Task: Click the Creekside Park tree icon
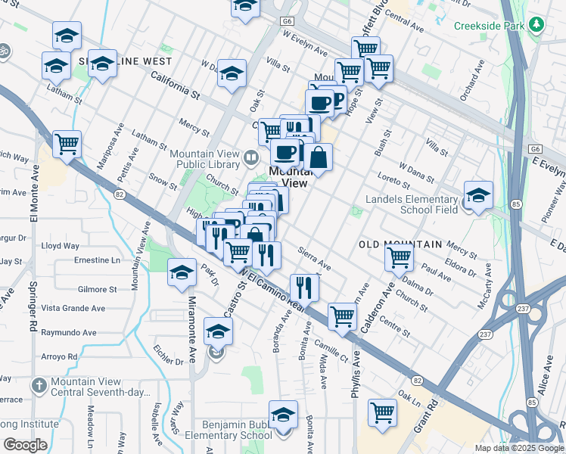[x=538, y=25]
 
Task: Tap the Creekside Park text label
[x=490, y=26]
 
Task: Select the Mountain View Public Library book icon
[x=251, y=158]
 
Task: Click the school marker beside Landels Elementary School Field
[x=478, y=196]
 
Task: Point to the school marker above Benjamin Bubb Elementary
[x=283, y=415]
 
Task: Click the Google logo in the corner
[x=24, y=445]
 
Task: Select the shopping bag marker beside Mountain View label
[x=319, y=158]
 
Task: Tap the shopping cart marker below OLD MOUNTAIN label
[x=399, y=257]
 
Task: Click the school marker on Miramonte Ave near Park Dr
[x=182, y=274]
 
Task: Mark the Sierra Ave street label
[x=315, y=258]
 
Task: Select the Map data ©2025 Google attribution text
[x=518, y=448]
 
